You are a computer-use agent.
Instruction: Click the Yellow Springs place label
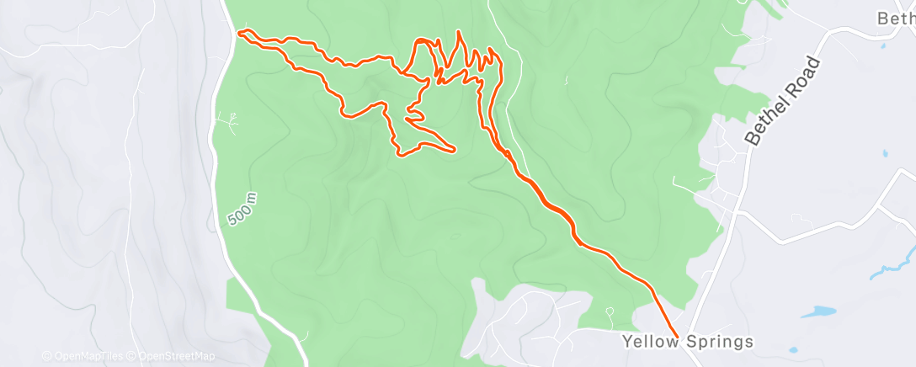click(x=688, y=342)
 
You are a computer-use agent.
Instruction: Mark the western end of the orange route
click(x=240, y=33)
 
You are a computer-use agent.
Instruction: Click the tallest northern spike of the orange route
click(x=459, y=32)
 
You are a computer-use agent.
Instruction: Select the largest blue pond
click(x=817, y=311)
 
